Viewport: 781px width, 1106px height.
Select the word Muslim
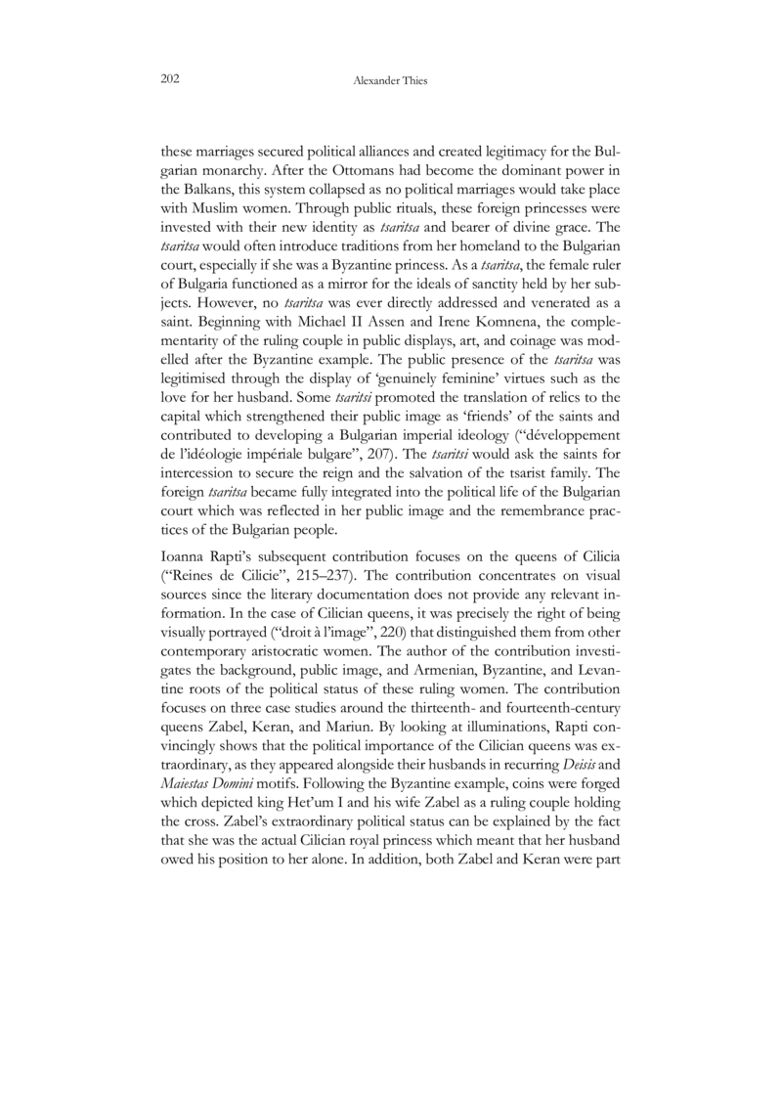213,206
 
